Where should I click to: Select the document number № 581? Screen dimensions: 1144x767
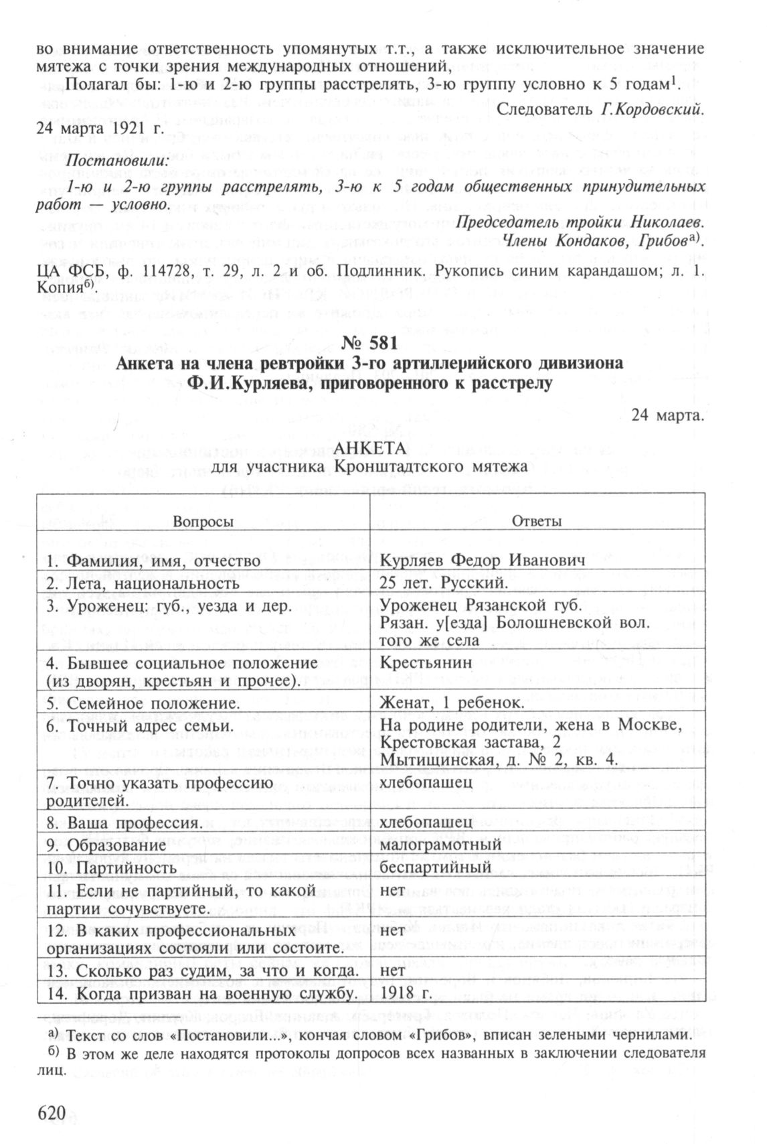pyautogui.click(x=369, y=342)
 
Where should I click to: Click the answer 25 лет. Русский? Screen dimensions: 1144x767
pyautogui.click(x=441, y=583)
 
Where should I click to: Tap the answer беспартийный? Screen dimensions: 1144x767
pyautogui.click(x=435, y=867)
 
